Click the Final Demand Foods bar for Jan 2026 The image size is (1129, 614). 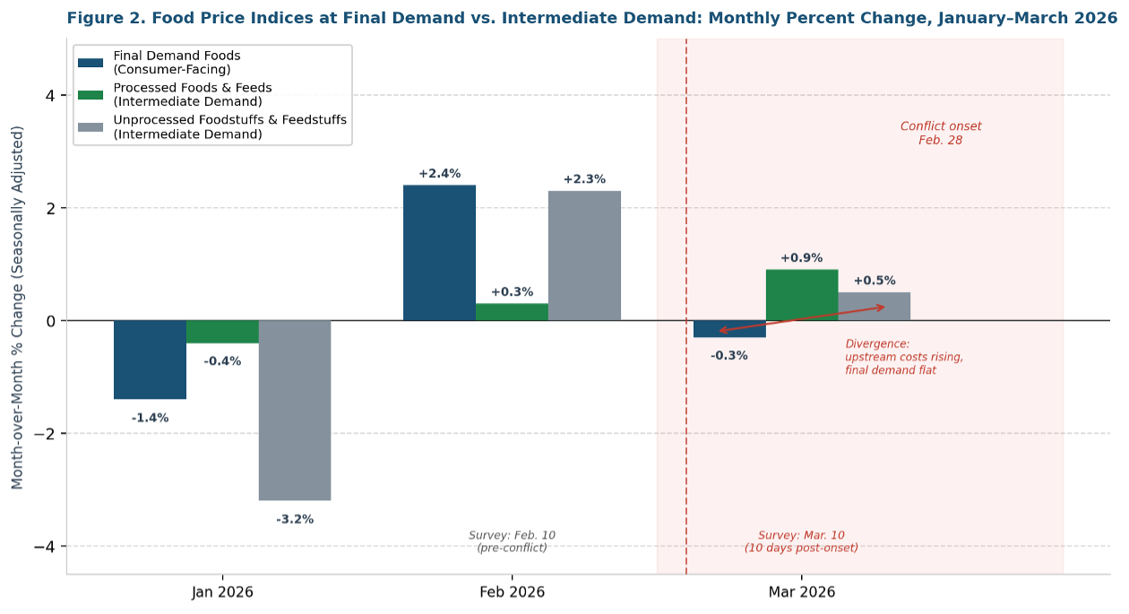point(150,359)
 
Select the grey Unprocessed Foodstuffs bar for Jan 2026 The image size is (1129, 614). point(295,410)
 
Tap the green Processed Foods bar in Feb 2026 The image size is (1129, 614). point(512,312)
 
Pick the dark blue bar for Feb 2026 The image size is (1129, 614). point(439,253)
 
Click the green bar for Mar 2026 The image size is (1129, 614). point(802,295)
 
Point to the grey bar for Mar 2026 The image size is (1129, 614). point(875,307)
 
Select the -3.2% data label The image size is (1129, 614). point(295,519)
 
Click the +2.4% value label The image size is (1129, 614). point(439,174)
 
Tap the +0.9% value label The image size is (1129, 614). point(801,258)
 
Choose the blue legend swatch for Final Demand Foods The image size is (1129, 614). point(90,63)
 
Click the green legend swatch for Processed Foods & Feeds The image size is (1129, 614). point(90,95)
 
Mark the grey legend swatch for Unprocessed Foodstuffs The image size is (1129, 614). point(90,127)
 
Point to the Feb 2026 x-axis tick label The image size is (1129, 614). point(512,592)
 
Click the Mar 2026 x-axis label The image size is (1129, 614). point(802,592)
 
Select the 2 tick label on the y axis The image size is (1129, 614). point(50,208)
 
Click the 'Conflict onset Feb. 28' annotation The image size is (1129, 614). point(941,134)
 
